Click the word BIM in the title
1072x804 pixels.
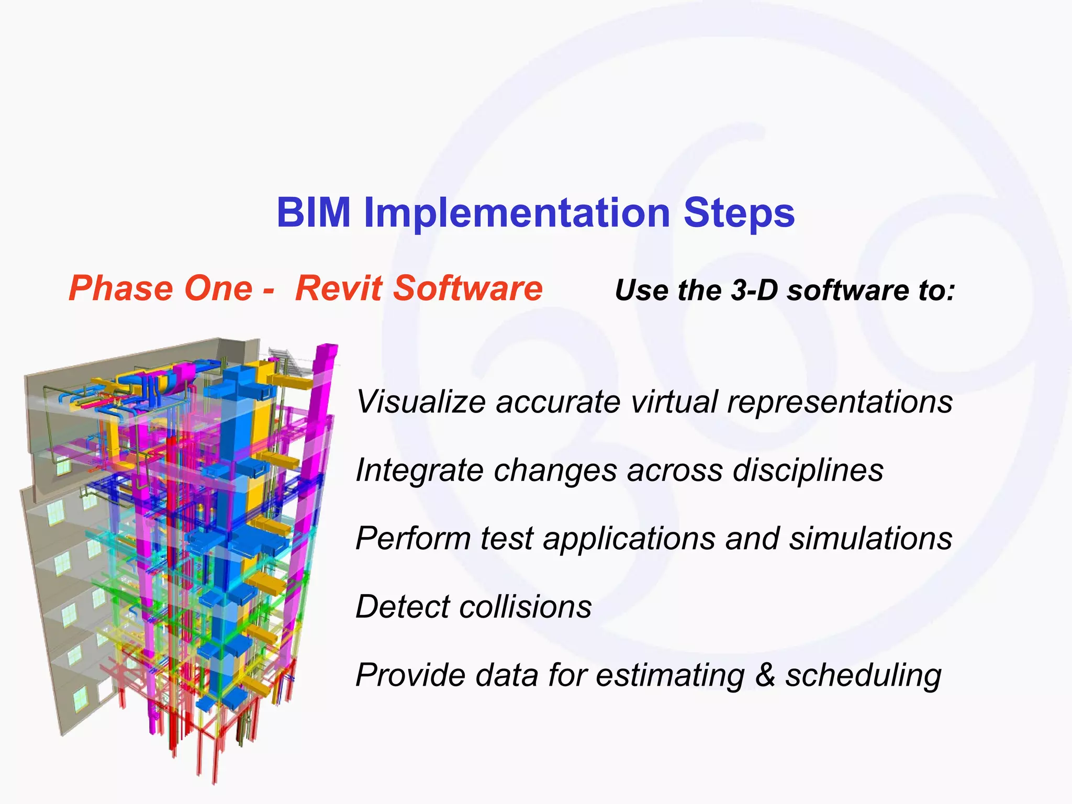[313, 213]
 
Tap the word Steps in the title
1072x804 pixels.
[739, 213]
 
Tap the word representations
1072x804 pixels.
[840, 402]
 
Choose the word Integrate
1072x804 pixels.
[419, 470]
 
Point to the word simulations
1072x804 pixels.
[870, 539]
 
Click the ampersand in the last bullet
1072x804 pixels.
[765, 675]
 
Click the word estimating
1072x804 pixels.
[670, 675]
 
